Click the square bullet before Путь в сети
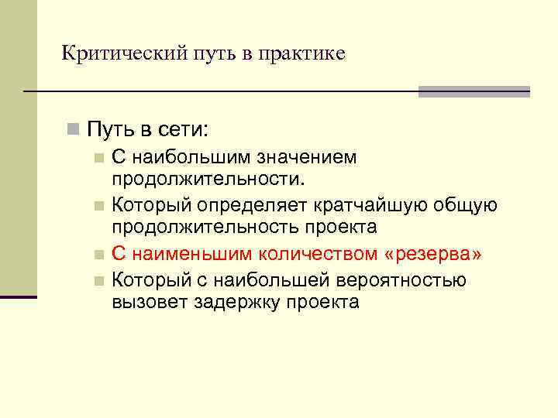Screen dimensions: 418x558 click(x=73, y=127)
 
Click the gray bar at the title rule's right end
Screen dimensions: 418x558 click(x=474, y=91)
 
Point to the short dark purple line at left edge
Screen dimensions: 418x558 click(x=18, y=296)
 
